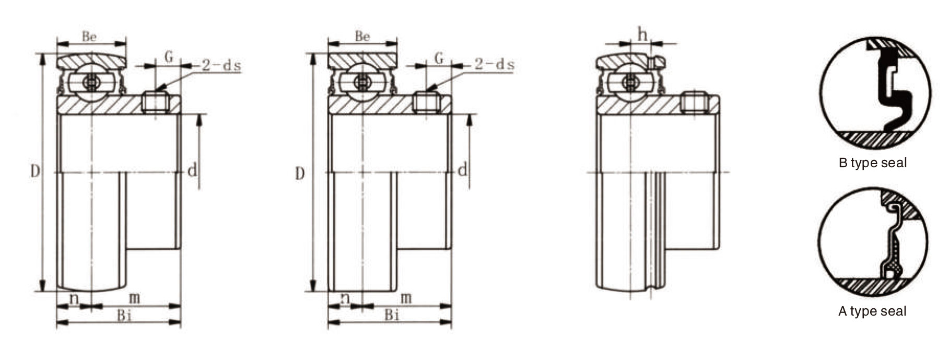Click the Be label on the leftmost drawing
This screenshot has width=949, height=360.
tap(89, 36)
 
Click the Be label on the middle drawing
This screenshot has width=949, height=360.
tap(362, 36)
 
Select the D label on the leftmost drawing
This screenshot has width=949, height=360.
tap(34, 171)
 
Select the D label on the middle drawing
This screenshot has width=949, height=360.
tap(299, 173)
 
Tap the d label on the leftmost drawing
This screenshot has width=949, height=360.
tap(192, 170)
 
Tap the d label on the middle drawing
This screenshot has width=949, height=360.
tap(462, 170)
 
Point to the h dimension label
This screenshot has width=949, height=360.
tap(642, 34)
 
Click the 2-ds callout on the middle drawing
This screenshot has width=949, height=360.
tap(495, 64)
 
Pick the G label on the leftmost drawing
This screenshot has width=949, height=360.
tap(169, 56)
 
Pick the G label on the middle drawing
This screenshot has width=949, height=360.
tap(439, 57)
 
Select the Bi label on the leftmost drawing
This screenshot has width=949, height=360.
tap(124, 315)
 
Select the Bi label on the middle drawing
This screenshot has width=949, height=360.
tap(392, 315)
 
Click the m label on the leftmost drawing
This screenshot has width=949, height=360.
tap(135, 298)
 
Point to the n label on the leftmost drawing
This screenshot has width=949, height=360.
tap(74, 298)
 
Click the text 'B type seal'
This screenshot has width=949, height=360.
tap(872, 163)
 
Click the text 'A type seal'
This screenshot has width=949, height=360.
tap(872, 311)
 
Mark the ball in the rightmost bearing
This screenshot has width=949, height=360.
tap(631, 82)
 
